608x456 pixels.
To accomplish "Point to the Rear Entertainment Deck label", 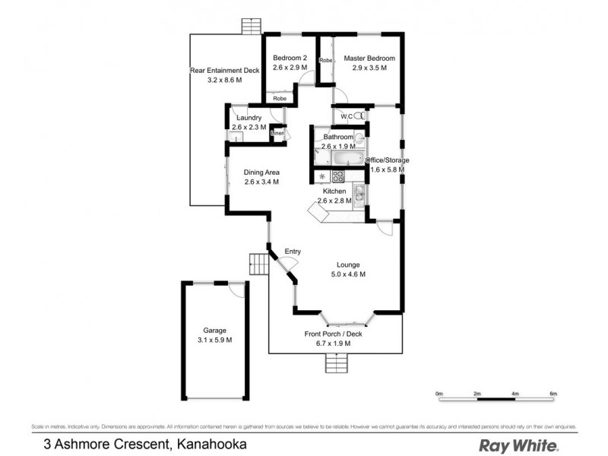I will pos(225,71).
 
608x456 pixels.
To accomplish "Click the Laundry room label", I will pos(249,118).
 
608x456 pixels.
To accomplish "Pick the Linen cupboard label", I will pos(277,133).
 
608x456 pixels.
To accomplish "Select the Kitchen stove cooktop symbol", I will pos(338,176).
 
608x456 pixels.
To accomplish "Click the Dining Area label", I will pos(251,173).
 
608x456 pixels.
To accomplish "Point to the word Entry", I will pos(293,252).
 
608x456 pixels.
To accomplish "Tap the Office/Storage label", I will pos(388,160).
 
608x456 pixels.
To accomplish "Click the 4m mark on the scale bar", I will pos(515,398).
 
